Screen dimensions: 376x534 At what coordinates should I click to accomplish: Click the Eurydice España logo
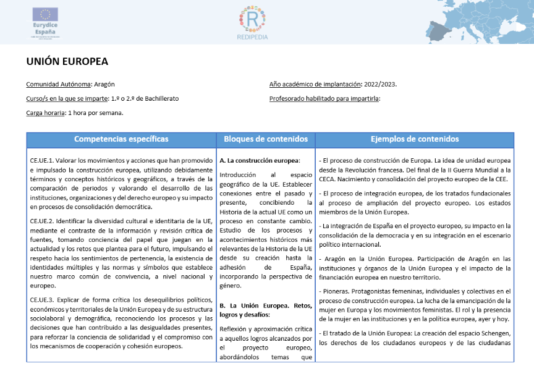click(44, 22)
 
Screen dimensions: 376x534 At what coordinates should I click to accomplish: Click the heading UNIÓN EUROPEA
click(67, 62)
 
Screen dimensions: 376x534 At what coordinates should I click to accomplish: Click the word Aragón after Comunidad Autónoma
click(104, 84)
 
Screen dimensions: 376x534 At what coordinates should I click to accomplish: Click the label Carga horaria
click(45, 113)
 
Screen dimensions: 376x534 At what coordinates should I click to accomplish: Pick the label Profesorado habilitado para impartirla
click(324, 98)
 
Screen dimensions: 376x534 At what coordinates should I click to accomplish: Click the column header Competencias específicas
click(121, 139)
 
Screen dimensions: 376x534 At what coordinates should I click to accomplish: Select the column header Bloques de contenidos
click(266, 139)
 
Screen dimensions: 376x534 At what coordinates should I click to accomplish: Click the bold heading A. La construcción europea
click(259, 160)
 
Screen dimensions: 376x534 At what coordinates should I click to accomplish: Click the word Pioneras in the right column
click(337, 291)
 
